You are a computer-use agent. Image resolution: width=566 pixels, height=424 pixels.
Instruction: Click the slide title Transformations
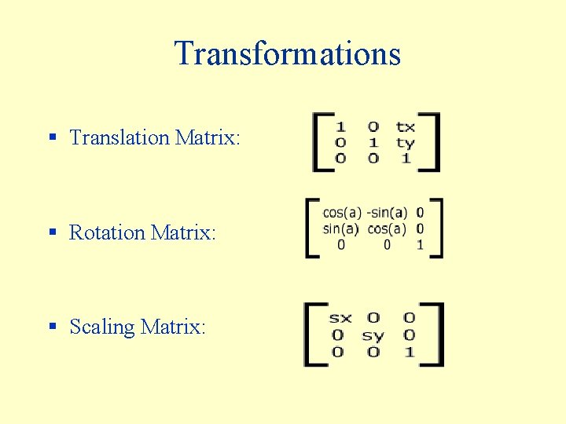(288, 53)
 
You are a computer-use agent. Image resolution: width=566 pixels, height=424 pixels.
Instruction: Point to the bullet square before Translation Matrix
(53, 137)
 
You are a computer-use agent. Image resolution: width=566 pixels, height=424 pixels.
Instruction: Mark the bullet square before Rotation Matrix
(53, 232)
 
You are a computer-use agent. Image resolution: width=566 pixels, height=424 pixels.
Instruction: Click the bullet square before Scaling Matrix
(53, 327)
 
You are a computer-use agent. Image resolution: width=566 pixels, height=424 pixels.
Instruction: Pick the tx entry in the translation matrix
(405, 126)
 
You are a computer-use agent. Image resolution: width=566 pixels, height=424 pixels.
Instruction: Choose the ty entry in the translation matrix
(405, 143)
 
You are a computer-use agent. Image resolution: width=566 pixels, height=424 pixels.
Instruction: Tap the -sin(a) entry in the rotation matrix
(387, 212)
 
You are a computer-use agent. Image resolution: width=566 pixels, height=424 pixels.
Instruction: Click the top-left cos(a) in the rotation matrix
(342, 212)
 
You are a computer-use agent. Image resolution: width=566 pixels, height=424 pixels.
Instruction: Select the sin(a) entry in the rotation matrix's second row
(341, 228)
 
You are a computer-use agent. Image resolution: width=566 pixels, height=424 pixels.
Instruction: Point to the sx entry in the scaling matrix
(340, 318)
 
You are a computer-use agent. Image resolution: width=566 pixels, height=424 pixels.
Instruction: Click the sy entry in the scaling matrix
(373, 335)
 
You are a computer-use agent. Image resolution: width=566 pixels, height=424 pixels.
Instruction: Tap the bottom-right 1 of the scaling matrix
(409, 352)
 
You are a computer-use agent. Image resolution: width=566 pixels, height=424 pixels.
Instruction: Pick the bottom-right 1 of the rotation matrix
(420, 245)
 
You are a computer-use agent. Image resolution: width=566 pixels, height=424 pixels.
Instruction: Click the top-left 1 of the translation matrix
(340, 126)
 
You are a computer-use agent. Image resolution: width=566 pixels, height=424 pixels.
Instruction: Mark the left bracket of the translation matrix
(318, 142)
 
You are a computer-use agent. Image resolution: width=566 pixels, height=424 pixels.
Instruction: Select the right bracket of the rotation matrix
(437, 228)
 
